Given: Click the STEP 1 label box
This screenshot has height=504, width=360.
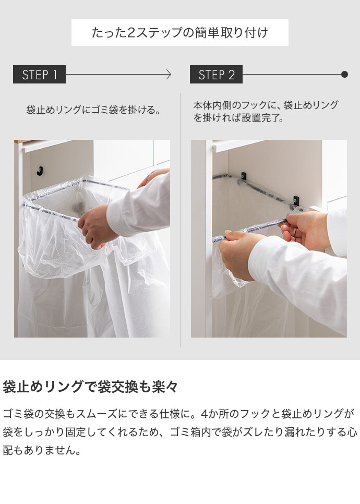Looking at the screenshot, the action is click(39, 74).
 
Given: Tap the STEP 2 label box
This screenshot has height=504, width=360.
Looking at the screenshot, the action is click(216, 74).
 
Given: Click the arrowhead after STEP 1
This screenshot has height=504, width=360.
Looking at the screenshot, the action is click(169, 75).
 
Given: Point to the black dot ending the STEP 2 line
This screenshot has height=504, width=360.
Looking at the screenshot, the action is click(344, 75).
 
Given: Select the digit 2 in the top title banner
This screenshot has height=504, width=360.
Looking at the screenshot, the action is click(131, 33).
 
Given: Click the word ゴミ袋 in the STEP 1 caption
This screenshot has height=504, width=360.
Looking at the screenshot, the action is click(105, 110).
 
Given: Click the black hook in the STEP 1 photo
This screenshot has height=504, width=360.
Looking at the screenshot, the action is click(40, 171).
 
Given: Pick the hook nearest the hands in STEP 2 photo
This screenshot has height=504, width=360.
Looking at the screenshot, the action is click(296, 200).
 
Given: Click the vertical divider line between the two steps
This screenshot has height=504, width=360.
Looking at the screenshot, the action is click(181, 220).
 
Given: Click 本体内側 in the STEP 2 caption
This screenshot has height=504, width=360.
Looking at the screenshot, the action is click(212, 105).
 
